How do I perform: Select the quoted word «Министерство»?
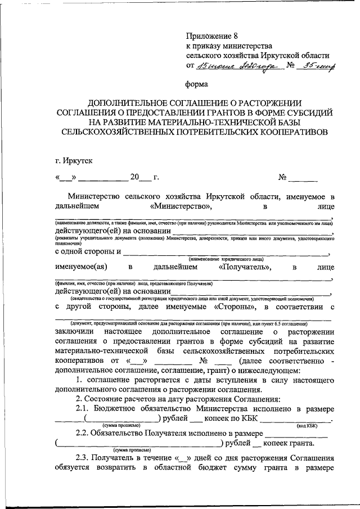pyautogui.click(x=182, y=206)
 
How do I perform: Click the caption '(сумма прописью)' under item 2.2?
pyautogui.click(x=132, y=451)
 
